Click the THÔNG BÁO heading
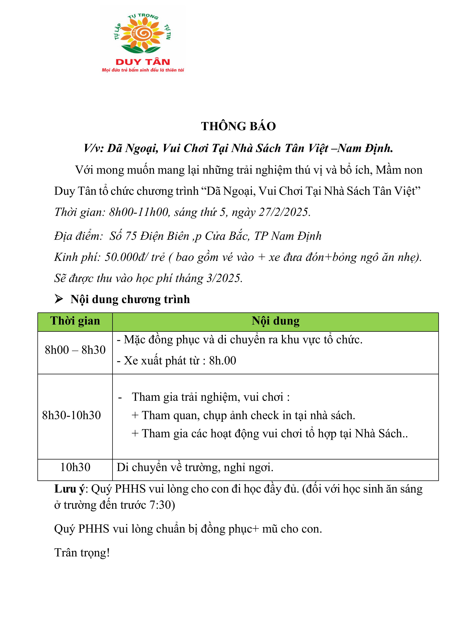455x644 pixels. tap(238, 126)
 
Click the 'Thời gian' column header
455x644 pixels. tap(75, 321)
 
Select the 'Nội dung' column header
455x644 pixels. tap(275, 321)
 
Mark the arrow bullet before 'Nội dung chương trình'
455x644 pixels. tap(59, 299)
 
